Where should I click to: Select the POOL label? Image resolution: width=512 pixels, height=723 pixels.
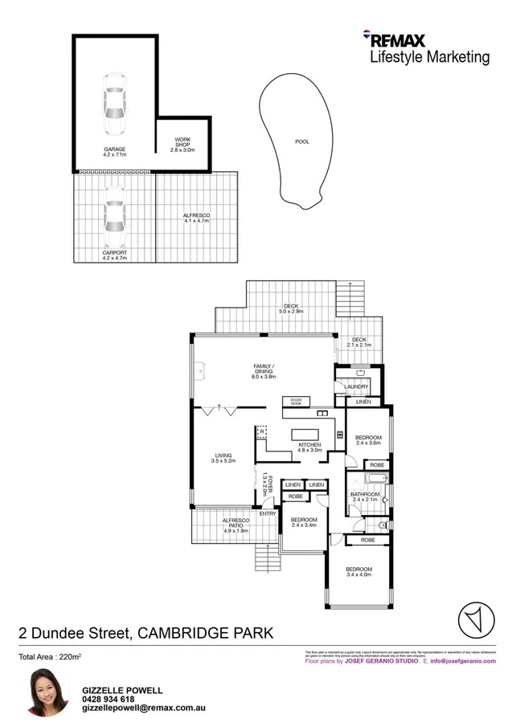pos(302,142)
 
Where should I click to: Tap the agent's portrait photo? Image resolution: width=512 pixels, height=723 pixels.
pos(47,692)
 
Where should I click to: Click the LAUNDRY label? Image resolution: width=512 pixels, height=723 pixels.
pos(355,386)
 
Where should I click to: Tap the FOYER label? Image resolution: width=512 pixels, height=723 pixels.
pos(271,485)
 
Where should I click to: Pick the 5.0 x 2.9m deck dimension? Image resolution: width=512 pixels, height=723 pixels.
pos(290,310)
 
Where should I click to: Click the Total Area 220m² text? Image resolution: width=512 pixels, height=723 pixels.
pos(51,657)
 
